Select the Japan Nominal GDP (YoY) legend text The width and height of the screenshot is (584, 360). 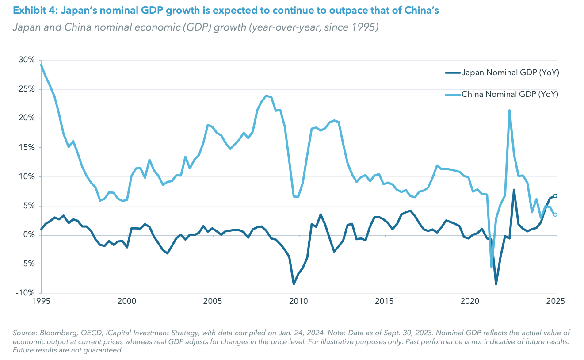[x=511, y=73]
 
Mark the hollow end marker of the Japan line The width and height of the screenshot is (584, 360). [x=555, y=196]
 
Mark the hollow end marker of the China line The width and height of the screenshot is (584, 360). [x=555, y=214]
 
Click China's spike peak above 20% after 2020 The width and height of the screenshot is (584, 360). [x=510, y=111]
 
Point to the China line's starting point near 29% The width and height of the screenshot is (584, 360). [x=41, y=65]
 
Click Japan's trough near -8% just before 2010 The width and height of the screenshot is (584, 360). [x=294, y=284]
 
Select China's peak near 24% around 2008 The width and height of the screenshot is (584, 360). [x=266, y=96]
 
